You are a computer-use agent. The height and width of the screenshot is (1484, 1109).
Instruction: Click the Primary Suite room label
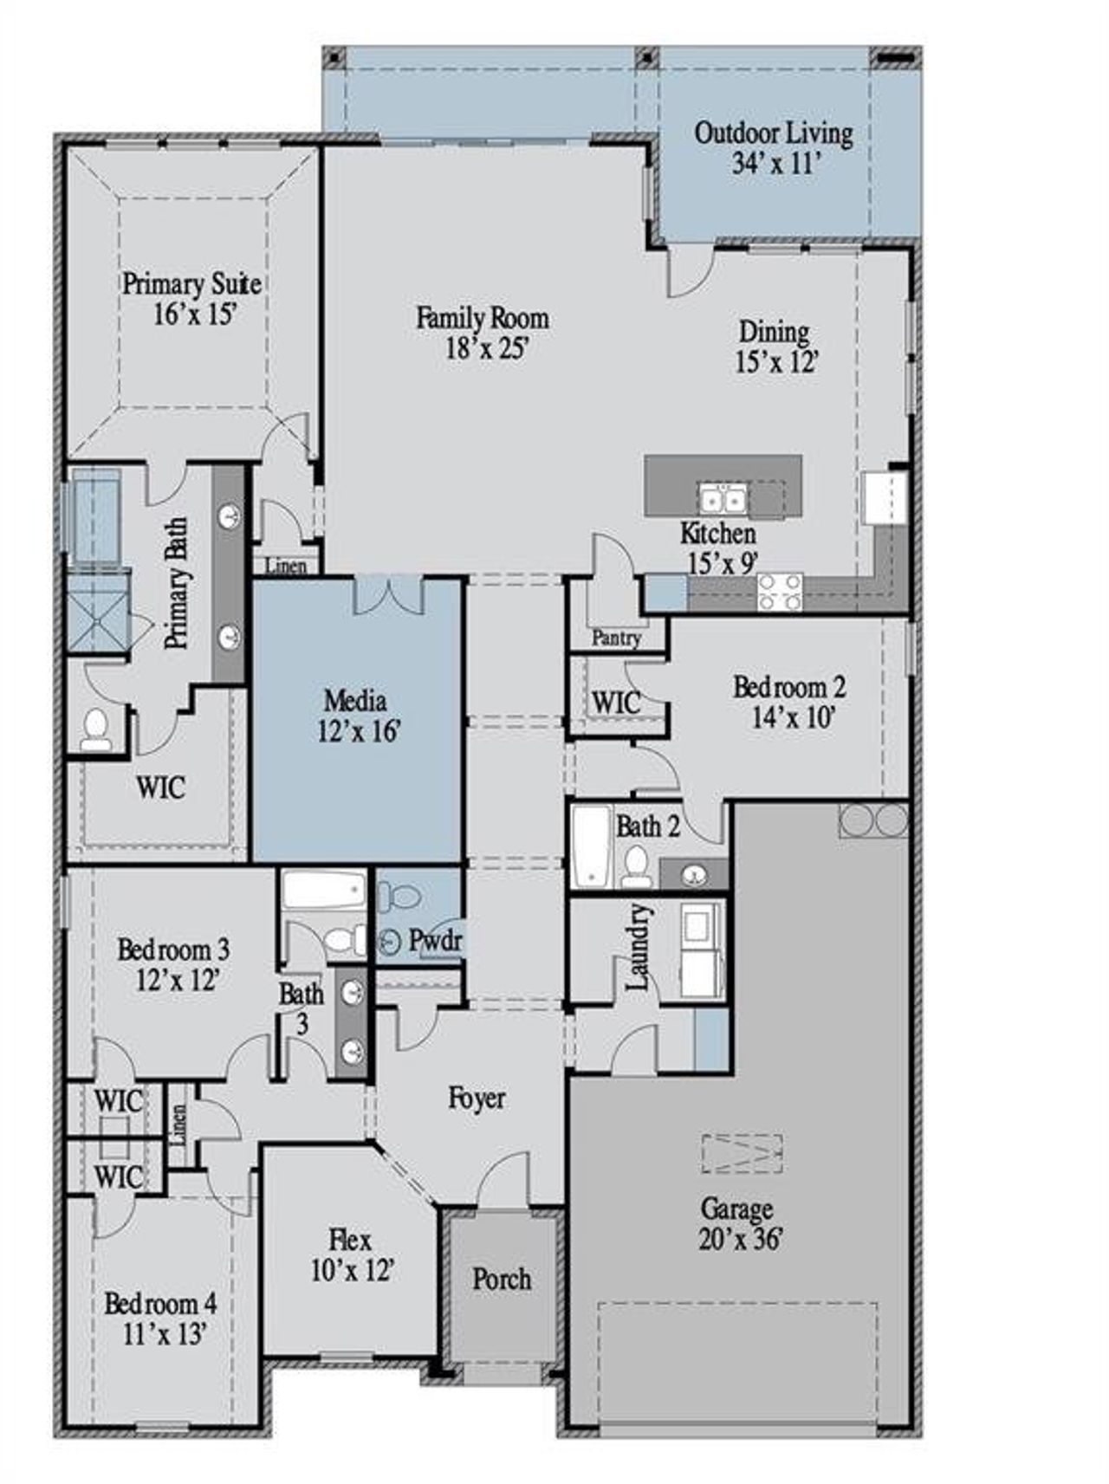click(191, 284)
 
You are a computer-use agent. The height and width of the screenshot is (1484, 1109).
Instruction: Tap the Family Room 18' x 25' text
click(483, 334)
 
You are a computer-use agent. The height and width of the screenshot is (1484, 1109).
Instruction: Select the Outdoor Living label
click(774, 133)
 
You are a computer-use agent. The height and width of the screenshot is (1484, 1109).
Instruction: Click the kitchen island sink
click(723, 501)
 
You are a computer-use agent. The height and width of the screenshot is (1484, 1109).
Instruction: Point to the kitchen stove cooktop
click(780, 593)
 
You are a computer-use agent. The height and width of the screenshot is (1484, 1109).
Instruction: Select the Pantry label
click(616, 638)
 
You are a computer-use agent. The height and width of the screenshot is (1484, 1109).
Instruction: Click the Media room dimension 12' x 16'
click(358, 732)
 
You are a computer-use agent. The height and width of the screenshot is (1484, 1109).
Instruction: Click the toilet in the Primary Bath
click(95, 729)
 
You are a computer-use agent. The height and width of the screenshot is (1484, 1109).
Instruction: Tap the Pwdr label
click(435, 940)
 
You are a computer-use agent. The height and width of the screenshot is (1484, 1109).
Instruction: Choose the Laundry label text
click(638, 948)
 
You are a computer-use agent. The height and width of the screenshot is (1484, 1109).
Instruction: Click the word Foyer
click(477, 1098)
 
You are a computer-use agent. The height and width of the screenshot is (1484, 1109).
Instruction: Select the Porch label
click(502, 1279)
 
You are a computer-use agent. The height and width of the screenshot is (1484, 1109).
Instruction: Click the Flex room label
click(351, 1240)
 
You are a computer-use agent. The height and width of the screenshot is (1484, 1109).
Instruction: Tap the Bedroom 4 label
click(160, 1303)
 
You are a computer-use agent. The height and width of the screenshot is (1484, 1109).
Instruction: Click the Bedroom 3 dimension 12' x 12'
click(177, 981)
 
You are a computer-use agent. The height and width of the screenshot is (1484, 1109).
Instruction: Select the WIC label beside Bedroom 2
click(616, 702)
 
